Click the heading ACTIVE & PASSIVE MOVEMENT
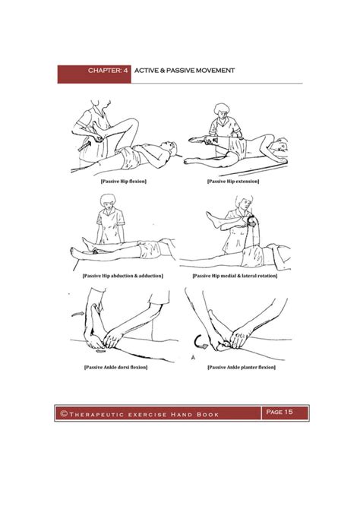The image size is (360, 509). click(185, 71)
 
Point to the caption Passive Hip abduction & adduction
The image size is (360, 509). click(123, 275)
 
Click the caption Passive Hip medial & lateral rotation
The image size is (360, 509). click(235, 275)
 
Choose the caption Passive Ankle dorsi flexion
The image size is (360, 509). click(115, 368)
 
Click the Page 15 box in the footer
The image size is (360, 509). click(279, 413)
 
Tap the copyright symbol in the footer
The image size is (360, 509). click(65, 413)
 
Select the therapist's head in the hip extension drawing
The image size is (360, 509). click(225, 109)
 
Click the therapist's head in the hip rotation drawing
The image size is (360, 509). click(245, 202)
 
